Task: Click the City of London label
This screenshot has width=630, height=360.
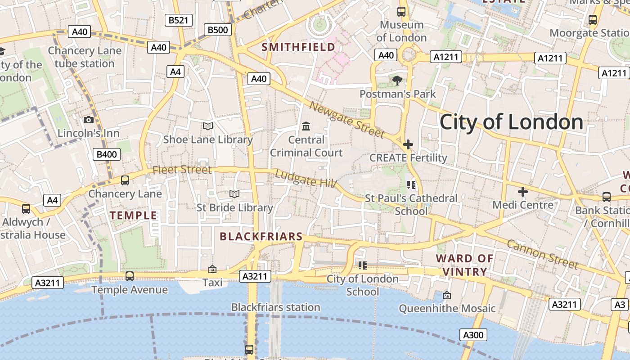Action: click(511, 122)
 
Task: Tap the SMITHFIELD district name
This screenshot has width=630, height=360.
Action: click(298, 47)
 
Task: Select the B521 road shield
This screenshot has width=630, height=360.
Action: click(179, 20)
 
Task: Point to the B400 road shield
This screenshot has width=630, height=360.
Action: click(107, 154)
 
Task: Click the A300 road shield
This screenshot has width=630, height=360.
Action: click(473, 335)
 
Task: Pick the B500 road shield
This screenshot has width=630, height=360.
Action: click(218, 30)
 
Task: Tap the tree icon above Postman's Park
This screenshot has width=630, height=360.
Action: click(397, 81)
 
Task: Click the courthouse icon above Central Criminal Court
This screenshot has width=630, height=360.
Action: click(306, 126)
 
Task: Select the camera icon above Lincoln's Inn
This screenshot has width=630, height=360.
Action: click(89, 120)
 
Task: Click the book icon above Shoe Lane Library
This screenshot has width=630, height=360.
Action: click(208, 126)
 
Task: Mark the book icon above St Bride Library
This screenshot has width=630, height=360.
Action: click(234, 194)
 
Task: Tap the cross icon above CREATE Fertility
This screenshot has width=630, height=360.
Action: click(408, 144)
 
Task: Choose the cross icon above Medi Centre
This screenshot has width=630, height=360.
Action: click(522, 192)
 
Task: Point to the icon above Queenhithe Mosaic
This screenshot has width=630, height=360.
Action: click(447, 295)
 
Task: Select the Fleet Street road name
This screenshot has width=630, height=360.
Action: click(182, 170)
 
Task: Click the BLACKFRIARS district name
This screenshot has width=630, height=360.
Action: click(261, 236)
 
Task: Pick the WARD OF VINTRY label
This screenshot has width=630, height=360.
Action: click(464, 265)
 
